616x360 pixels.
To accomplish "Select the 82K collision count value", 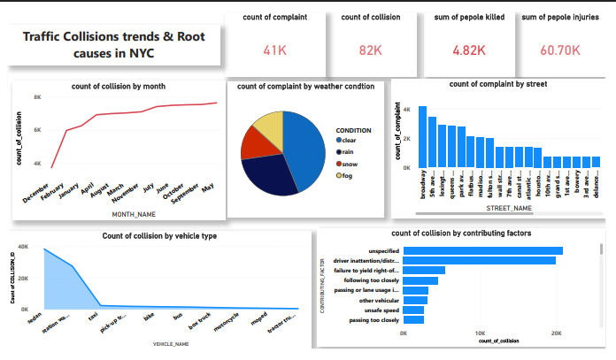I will pyautogui.click(x=366, y=51).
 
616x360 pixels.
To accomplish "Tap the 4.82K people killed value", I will pyautogui.click(x=469, y=50).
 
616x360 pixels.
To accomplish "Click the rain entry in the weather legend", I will pyautogui.click(x=348, y=151).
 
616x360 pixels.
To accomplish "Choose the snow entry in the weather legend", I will pyautogui.click(x=350, y=164).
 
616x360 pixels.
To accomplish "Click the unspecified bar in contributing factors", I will pyautogui.click(x=483, y=251).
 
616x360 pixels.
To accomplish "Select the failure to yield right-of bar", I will pyautogui.click(x=424, y=271).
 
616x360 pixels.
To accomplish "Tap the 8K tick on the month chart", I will pyautogui.click(x=38, y=97).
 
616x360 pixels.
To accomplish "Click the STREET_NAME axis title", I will pyautogui.click(x=509, y=208).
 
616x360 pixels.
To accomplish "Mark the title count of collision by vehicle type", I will pyautogui.click(x=159, y=236).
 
